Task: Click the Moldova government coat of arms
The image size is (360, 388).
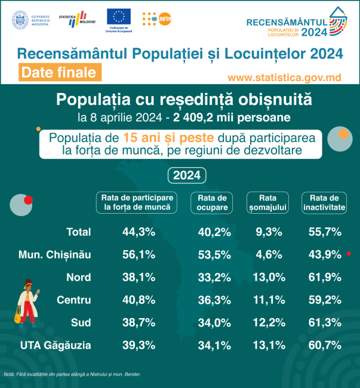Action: pos(20,19)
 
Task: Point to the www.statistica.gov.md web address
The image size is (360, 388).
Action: pos(285,78)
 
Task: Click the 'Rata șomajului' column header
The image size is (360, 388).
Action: pos(267,202)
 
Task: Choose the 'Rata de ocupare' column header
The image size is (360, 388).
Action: pos(211,202)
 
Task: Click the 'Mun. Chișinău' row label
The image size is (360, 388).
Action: pos(54,254)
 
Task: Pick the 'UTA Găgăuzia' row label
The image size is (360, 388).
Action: pos(55,344)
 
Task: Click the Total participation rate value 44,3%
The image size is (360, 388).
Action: pos(138,232)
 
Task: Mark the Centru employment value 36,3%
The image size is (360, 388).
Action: pos(211,300)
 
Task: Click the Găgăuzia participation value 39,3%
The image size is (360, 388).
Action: pos(138,344)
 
